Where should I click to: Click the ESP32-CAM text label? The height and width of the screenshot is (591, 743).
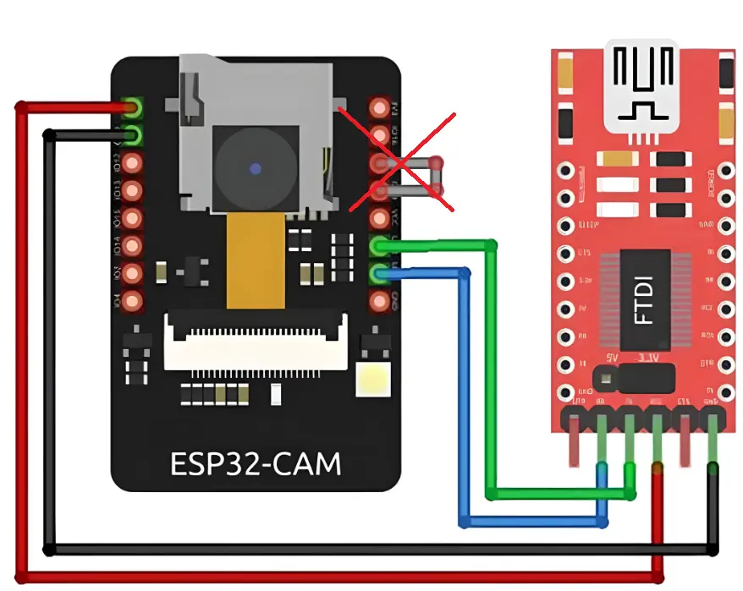coord(256,464)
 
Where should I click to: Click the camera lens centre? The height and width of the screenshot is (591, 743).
coord(255,169)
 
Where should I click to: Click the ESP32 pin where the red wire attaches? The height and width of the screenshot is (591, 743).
coord(132,107)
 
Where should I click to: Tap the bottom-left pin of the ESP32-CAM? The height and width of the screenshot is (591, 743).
coord(132,300)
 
